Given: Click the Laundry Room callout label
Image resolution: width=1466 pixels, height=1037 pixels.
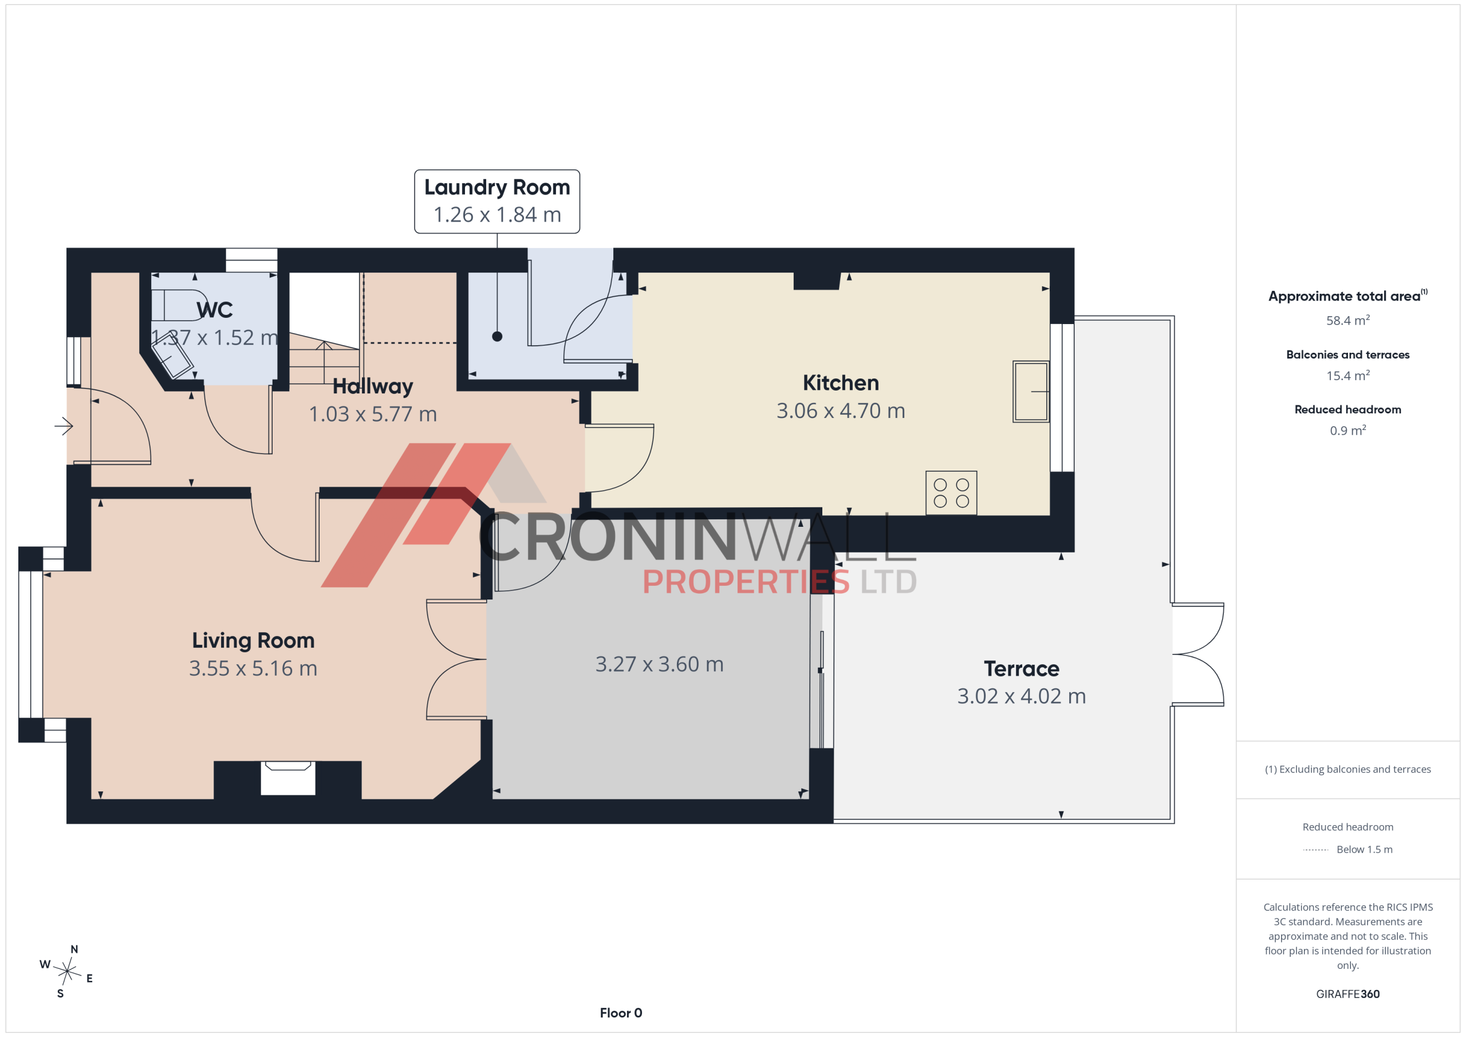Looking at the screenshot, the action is (x=496, y=201).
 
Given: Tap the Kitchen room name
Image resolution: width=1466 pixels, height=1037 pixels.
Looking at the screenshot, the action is (x=841, y=383).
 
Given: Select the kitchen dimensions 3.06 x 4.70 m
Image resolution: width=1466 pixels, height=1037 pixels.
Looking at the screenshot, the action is (x=841, y=411).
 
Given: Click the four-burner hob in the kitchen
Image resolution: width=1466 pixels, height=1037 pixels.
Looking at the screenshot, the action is (x=951, y=493).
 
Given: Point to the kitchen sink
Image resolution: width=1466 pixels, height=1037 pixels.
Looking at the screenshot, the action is (x=1031, y=392).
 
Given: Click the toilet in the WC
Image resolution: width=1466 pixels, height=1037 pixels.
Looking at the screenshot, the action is (x=176, y=305).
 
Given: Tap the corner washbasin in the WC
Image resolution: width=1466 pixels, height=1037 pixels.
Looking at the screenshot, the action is (x=171, y=360).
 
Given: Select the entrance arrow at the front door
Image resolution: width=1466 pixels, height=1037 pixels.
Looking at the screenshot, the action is (x=64, y=426).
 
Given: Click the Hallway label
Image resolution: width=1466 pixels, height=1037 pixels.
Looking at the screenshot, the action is (x=373, y=387).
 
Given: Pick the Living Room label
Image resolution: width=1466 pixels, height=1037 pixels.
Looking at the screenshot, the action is (x=254, y=640).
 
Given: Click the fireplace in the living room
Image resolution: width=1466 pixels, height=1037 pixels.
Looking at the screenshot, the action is (x=288, y=778).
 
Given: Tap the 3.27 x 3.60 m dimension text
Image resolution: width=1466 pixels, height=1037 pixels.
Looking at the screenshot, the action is (x=660, y=664).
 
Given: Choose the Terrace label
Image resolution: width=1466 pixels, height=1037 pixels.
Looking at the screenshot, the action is (x=1021, y=669).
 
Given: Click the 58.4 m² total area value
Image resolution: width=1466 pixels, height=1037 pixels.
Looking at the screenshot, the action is (x=1347, y=320).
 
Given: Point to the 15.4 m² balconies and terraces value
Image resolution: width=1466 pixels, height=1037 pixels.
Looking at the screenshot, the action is (x=1347, y=375).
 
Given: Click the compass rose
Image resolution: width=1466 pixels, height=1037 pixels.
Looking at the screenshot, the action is (x=66, y=971).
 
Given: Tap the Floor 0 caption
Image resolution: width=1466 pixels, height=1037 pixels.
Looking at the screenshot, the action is (x=621, y=1013).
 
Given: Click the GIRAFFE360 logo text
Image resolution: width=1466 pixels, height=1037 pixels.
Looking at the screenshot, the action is (x=1347, y=993).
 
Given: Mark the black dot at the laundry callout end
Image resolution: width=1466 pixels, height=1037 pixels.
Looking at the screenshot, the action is (x=496, y=337).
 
